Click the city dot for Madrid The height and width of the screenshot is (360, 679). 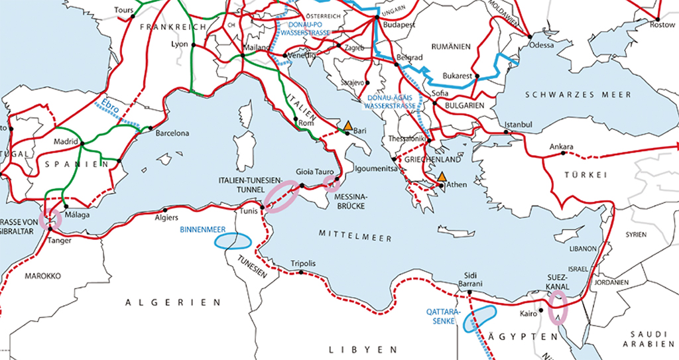(x=82, y=143)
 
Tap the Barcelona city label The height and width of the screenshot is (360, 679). (x=172, y=133)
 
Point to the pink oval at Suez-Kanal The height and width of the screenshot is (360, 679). (x=558, y=307)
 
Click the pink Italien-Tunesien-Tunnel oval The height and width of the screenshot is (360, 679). (x=280, y=196)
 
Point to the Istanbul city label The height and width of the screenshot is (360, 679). (x=519, y=124)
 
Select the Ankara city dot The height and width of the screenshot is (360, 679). (x=563, y=153)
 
